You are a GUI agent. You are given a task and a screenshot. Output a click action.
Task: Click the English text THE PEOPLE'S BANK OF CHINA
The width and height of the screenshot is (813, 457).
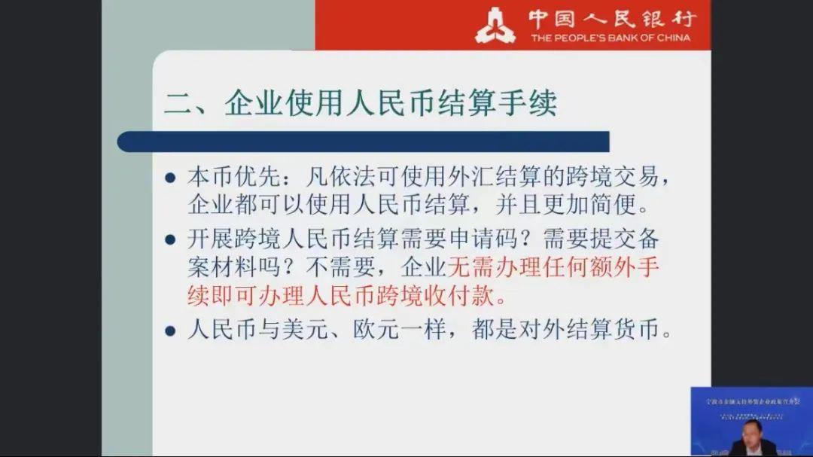pos(610,38)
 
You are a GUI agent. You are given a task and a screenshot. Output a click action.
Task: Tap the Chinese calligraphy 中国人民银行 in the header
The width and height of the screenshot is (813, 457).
pos(611,18)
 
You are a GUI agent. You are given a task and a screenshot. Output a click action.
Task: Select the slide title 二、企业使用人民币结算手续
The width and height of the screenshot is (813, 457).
pos(361,103)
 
